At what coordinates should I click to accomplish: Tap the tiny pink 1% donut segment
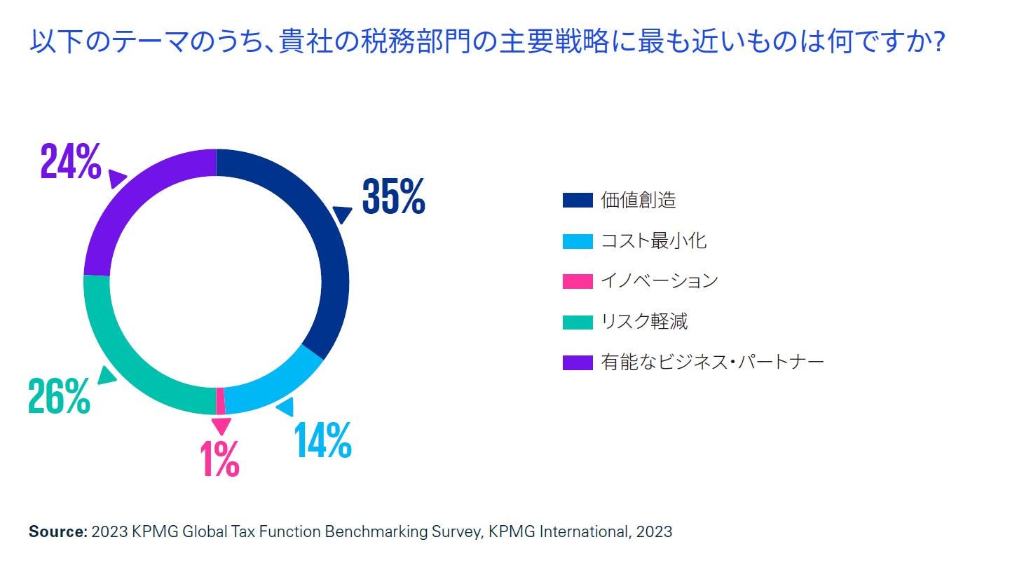pos(221,401)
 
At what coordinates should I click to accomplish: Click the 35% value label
pos(393,197)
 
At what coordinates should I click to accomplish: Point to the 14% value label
pos(322,441)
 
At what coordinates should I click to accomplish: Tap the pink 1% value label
pos(219,460)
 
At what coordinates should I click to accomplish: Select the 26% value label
pos(59,397)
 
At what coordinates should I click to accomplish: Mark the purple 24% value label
pos(71,162)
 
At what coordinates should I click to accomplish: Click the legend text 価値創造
pos(638,200)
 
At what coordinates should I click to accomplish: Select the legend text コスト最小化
pos(653,240)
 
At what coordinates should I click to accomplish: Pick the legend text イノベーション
pos(659,281)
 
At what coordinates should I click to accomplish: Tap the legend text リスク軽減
pos(643,322)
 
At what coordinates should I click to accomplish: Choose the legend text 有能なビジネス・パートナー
pos(711,362)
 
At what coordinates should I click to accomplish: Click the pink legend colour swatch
pos(578,281)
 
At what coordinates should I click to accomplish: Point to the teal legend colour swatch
pos(578,322)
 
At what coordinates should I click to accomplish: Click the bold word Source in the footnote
pos(56,531)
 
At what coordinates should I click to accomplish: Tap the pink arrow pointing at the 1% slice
pos(221,426)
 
